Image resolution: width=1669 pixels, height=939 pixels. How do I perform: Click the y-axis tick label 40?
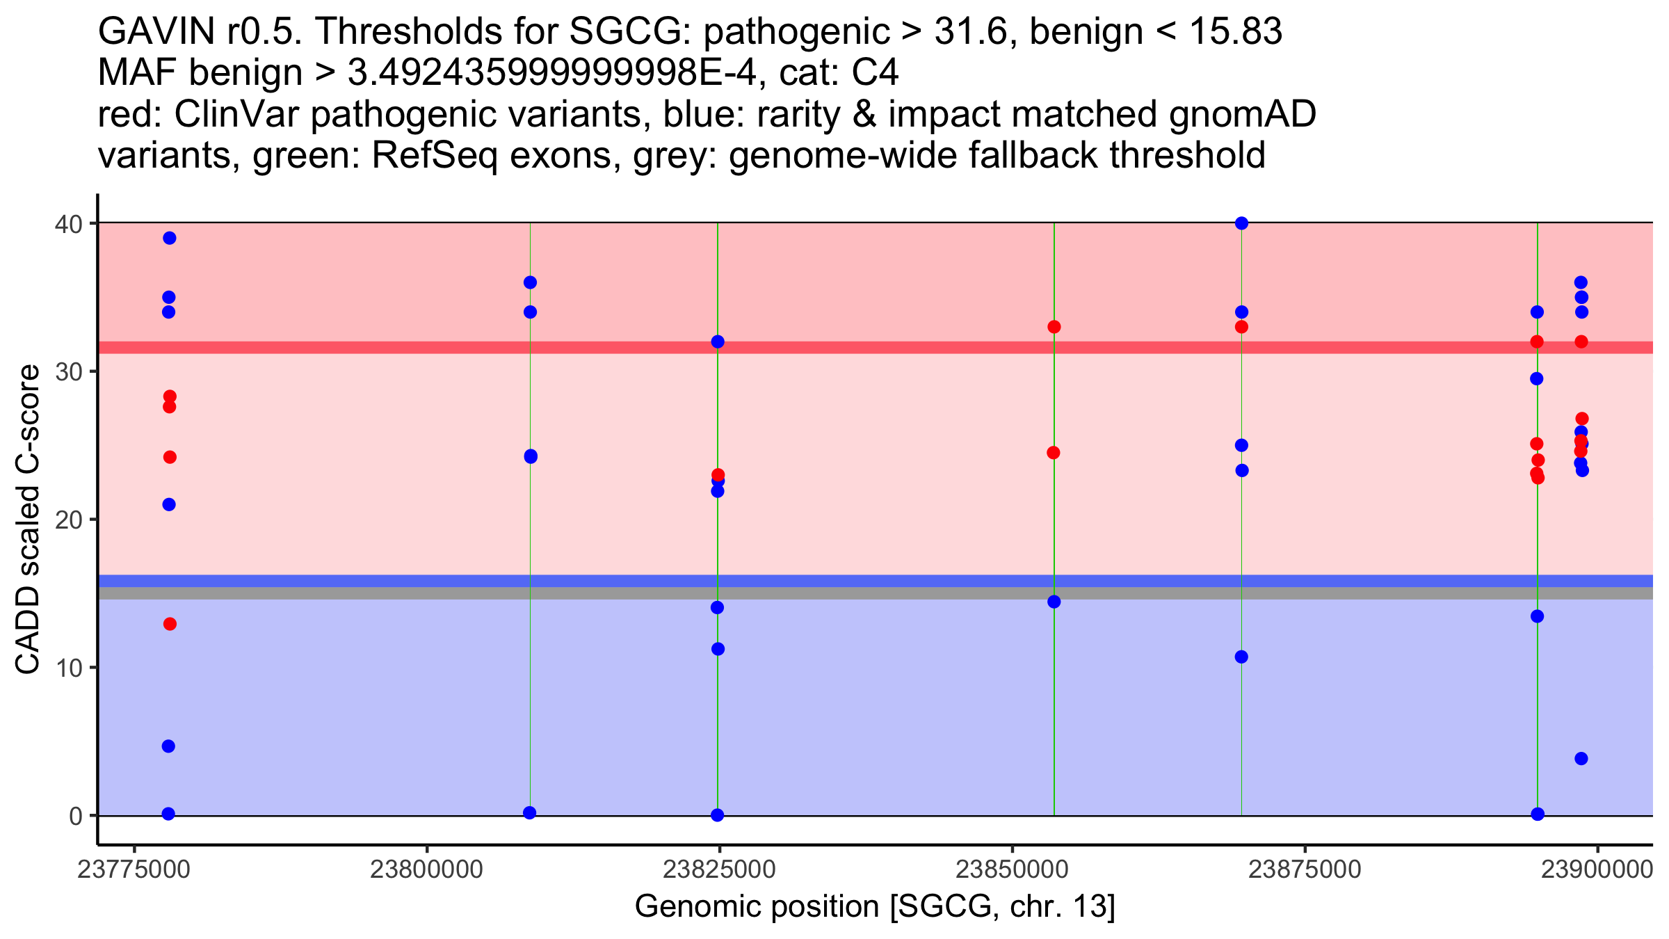coord(67,224)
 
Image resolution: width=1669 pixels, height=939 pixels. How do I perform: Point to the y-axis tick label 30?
coord(67,372)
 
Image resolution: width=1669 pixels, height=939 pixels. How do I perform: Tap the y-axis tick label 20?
coord(67,520)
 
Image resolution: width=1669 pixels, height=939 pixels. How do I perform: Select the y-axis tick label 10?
coord(67,668)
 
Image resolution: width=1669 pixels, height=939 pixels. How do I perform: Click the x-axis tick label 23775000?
coord(134,869)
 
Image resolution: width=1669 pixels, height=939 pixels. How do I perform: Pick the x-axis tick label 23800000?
coord(426,869)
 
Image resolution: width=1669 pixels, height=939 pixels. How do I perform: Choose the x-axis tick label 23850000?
coord(1012,869)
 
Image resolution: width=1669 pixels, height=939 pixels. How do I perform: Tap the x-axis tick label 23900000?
coord(1597,869)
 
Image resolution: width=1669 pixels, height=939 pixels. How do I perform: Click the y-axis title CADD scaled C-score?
coord(28,520)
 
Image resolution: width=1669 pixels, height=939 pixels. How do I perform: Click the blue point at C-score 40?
coord(1241,223)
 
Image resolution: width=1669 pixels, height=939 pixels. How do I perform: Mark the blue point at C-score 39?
coord(169,238)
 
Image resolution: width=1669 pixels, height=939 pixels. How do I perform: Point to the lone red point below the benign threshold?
coord(170,624)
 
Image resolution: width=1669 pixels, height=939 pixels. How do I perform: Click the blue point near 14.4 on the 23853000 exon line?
coord(1054,602)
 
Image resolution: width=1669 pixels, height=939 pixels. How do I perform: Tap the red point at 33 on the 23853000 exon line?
coord(1054,327)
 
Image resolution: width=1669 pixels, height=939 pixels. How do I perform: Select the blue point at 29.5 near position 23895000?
coord(1537,379)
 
